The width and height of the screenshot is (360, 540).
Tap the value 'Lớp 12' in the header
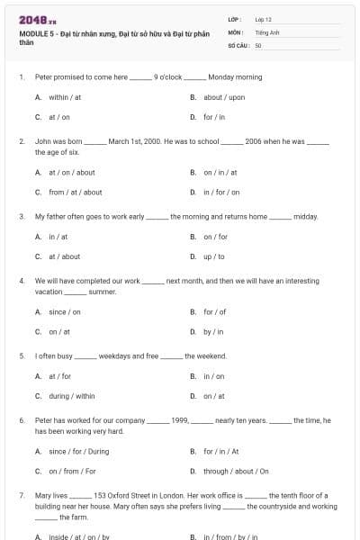point(264,19)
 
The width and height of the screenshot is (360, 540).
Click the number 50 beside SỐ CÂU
point(258,44)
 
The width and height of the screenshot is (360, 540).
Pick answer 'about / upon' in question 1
point(224,97)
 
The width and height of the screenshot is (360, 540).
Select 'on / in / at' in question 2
point(220,172)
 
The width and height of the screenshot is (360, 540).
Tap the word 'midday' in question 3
point(305,217)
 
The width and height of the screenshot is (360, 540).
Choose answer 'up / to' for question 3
point(214,256)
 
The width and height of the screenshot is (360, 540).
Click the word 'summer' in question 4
point(103,292)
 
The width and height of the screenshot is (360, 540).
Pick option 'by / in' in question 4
point(213,331)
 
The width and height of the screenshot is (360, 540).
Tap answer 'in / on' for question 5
point(214,376)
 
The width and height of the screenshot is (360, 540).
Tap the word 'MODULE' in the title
point(33,33)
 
